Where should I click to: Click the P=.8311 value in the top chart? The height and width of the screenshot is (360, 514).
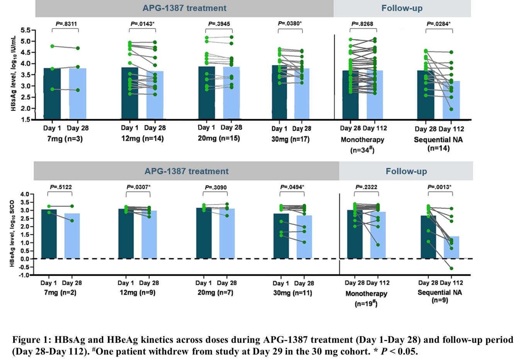point(66,24)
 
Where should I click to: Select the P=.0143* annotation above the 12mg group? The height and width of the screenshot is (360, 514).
point(142,24)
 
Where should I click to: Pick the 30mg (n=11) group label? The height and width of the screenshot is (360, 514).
point(293,293)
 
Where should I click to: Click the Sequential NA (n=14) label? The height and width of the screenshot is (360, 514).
point(438,143)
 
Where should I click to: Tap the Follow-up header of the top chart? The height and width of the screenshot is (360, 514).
point(402,8)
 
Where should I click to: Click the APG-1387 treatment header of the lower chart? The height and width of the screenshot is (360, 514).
point(186,171)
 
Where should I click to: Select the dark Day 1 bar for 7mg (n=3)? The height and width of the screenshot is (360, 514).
point(52,93)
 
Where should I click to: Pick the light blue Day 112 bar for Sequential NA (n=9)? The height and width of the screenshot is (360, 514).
point(451,247)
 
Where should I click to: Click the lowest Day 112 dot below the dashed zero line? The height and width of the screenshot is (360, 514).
point(451,268)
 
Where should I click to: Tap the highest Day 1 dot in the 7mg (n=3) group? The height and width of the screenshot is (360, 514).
point(52,46)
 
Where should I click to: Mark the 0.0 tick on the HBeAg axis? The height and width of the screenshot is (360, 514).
point(25,259)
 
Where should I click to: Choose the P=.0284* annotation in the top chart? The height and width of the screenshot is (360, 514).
point(438,24)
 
